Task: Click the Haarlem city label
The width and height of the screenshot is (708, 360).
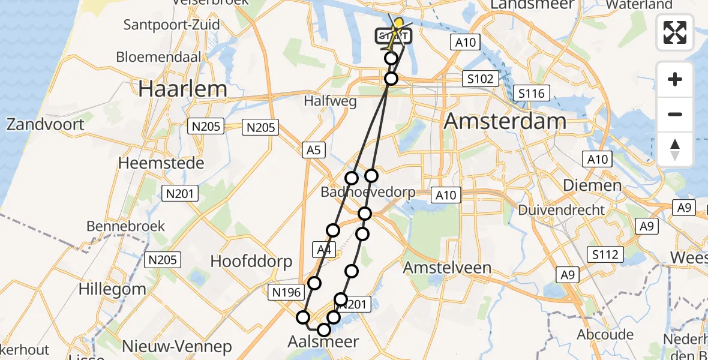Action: [x=183, y=89]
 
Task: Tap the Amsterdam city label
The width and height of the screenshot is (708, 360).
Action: [x=505, y=121]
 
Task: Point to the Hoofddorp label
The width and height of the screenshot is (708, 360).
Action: [x=251, y=262]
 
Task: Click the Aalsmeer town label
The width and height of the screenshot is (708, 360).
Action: [x=324, y=342]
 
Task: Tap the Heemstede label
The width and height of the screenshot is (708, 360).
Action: [x=161, y=163]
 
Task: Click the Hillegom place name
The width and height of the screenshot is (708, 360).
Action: [x=112, y=289]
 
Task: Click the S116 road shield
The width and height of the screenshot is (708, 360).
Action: [x=532, y=93]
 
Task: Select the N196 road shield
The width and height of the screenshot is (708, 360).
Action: [x=284, y=293]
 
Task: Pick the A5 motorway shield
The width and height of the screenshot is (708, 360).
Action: [x=314, y=151]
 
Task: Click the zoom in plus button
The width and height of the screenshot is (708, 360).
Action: [x=675, y=79]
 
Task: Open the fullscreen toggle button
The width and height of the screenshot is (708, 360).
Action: [x=675, y=32]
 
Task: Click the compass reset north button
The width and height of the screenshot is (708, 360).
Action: [x=675, y=149]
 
